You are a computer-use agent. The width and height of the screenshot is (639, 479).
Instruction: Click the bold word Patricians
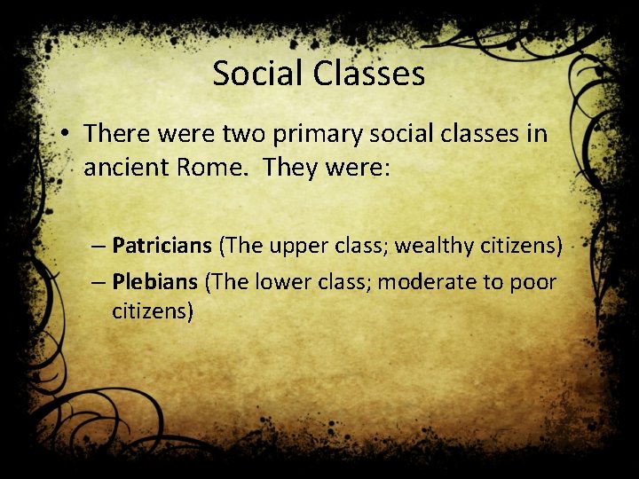point(162,244)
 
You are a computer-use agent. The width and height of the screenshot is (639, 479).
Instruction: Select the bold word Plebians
point(155,282)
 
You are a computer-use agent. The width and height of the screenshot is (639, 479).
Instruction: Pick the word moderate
point(417,282)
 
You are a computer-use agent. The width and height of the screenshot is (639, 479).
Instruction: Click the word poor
point(535,283)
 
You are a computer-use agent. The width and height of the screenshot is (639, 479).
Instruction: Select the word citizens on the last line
point(153,312)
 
